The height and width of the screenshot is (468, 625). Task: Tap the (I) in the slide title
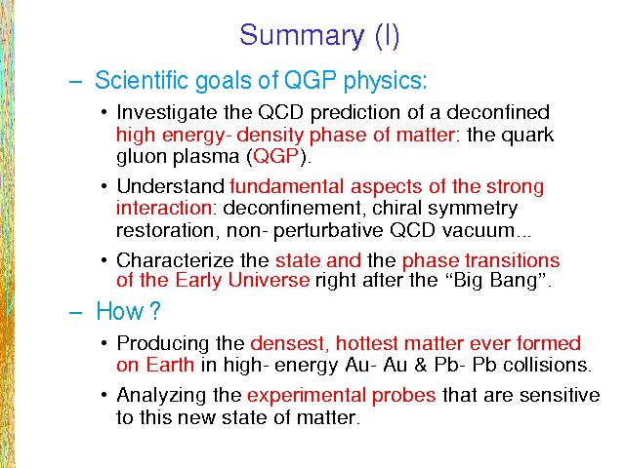point(387,36)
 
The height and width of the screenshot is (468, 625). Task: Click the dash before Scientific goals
point(76,82)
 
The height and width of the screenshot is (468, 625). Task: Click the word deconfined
point(498,112)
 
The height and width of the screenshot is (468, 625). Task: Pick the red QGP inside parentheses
point(275,156)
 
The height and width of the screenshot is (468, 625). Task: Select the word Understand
point(171,186)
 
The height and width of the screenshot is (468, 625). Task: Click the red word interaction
point(164,208)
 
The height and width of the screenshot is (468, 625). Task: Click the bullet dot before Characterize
point(104,260)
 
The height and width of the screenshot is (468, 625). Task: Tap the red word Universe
point(269,280)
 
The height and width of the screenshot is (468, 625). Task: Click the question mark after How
point(154,310)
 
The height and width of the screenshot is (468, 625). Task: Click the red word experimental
point(306,397)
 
